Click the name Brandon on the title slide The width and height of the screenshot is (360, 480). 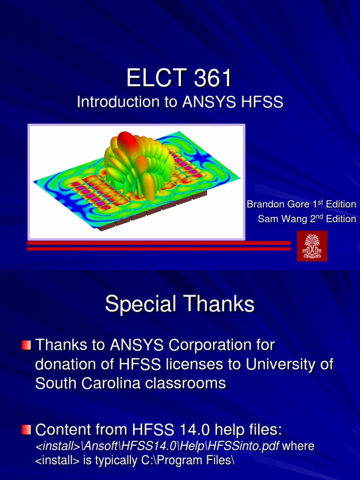click(264, 204)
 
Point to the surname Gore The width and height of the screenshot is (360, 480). click(298, 204)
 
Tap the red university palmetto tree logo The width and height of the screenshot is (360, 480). click(312, 246)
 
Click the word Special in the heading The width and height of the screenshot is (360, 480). click(138, 305)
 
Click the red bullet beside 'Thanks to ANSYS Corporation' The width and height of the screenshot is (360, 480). click(26, 345)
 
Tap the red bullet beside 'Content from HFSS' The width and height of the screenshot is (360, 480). click(26, 429)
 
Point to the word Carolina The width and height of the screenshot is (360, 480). click(110, 383)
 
